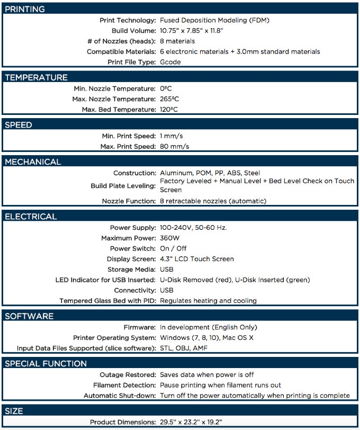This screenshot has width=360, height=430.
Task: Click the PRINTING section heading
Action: [x=25, y=9]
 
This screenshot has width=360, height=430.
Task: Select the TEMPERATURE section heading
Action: [x=36, y=77]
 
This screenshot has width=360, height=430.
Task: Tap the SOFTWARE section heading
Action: [x=29, y=316]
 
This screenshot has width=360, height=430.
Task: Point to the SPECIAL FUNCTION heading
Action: [x=46, y=364]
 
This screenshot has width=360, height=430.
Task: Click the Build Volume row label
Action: [x=133, y=31]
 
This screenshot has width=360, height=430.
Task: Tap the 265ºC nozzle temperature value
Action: [x=169, y=99]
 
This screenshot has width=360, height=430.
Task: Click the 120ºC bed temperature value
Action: [x=169, y=110]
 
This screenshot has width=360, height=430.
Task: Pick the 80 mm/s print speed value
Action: [x=174, y=146]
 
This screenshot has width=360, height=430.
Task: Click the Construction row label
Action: [x=134, y=173]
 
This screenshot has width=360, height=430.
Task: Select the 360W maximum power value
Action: [x=170, y=238]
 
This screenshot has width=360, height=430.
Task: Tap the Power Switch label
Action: [x=133, y=248]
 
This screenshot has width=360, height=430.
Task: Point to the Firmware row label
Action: [x=140, y=327]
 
